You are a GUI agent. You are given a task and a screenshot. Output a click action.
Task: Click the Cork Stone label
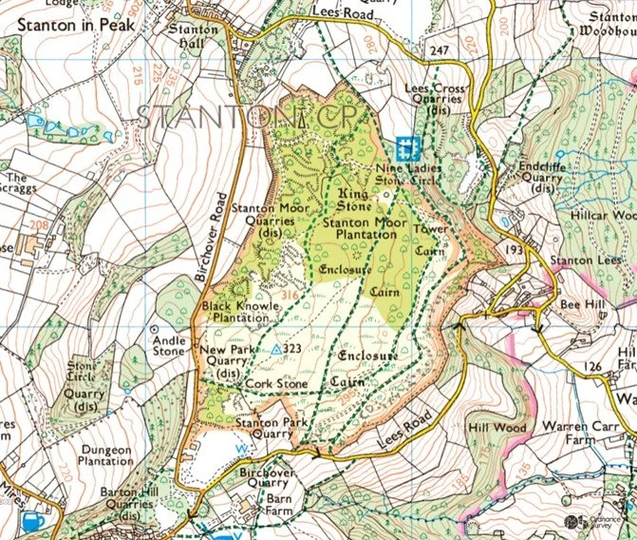[x=276, y=383]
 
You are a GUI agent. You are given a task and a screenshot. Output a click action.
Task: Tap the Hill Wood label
[x=497, y=429]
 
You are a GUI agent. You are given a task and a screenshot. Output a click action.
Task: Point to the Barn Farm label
[x=278, y=502]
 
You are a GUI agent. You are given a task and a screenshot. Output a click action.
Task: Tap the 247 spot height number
[x=439, y=49]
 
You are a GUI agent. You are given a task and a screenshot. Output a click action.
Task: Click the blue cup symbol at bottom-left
[x=32, y=521]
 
